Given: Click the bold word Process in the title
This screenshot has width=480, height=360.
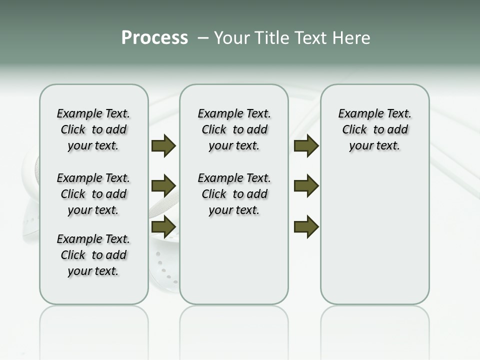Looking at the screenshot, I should tap(154, 38).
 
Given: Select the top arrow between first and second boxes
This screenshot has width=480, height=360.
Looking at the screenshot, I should tap(163, 145).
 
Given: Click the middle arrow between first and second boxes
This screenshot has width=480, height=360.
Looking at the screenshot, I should tap(163, 186).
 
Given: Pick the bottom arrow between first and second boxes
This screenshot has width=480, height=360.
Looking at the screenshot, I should tap(163, 226).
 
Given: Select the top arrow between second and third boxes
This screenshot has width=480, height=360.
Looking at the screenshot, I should tap(306, 145).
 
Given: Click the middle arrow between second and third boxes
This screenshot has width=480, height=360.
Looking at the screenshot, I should tap(306, 186).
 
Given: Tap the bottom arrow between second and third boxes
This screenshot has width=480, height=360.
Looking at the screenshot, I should tap(306, 226).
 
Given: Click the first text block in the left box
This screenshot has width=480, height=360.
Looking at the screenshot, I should tap(93, 129).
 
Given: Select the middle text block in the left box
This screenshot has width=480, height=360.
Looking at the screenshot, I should tap(93, 194).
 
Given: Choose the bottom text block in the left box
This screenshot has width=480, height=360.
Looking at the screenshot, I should tap(93, 255).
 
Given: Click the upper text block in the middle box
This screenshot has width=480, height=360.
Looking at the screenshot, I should tap(234, 129).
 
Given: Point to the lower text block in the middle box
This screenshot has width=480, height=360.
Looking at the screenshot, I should tap(234, 194).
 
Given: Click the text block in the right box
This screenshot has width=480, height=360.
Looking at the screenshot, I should tap(374, 129).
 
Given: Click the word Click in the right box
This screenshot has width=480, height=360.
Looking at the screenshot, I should tap(354, 130).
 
